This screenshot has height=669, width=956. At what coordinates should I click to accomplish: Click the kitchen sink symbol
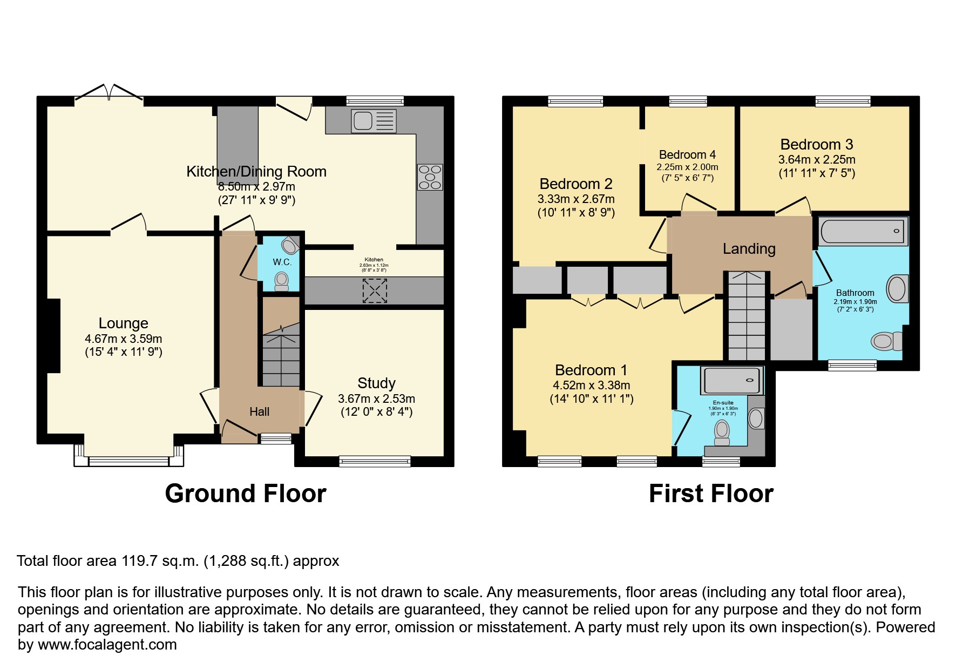point(374,121)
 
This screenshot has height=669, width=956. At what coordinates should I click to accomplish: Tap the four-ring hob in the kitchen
point(430,177)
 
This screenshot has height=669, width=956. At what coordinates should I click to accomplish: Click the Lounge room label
point(123,323)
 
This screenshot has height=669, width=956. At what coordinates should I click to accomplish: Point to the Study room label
point(376,383)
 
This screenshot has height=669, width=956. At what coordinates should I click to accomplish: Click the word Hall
point(259,412)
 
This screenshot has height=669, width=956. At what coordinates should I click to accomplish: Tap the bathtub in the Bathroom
point(863,232)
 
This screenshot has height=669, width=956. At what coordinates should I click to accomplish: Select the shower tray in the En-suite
point(733,380)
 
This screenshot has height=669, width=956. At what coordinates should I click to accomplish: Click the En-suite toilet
point(722,431)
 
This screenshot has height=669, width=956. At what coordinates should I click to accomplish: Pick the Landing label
point(749,249)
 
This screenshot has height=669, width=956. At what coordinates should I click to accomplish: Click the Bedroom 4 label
point(687,155)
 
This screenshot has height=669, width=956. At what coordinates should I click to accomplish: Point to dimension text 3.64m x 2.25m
point(816,160)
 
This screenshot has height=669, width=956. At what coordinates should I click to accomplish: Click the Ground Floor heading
point(246,494)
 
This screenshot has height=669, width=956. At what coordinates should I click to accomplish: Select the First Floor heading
point(711,494)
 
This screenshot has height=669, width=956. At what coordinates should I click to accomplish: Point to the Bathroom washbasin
point(897,288)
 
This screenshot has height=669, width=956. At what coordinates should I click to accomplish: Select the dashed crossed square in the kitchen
point(374,290)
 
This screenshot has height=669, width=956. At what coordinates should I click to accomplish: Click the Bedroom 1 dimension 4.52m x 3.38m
point(591,386)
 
